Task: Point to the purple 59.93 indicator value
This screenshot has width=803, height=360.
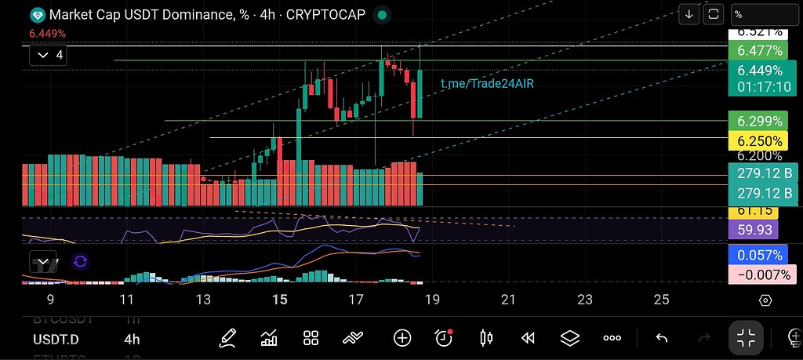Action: (x=753, y=231)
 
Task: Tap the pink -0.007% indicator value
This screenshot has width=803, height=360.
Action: (x=760, y=275)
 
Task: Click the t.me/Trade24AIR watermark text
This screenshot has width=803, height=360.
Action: (x=488, y=83)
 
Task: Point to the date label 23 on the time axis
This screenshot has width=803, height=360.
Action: (x=585, y=300)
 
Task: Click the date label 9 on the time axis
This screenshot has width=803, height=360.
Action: (x=50, y=300)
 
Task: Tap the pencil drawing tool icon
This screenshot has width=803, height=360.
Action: (x=227, y=338)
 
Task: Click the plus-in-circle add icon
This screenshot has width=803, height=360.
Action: (x=402, y=338)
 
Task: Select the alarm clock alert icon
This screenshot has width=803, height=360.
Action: (x=444, y=337)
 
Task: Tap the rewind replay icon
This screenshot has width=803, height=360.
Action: (x=528, y=338)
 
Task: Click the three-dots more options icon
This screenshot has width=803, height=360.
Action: (x=612, y=338)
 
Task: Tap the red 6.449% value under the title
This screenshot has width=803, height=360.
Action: (x=47, y=34)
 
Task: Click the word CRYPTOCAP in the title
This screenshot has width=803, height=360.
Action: (x=322, y=15)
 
